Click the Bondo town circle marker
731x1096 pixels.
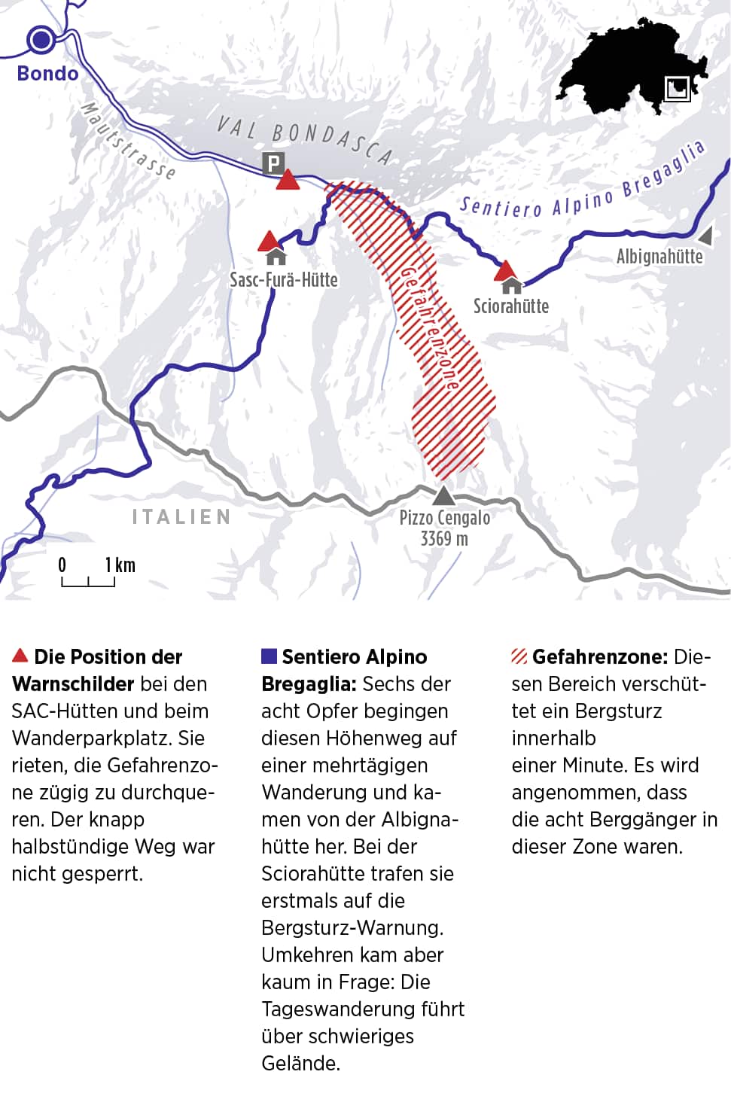tap(41, 39)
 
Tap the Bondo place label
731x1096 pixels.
tap(47, 74)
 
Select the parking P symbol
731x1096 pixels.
tap(273, 163)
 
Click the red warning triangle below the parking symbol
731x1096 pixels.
tap(288, 181)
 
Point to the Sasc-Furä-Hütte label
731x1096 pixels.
tap(284, 280)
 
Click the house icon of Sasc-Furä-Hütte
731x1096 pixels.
tap(276, 257)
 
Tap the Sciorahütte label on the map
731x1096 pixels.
tap(510, 306)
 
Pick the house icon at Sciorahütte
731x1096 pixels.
tap(512, 285)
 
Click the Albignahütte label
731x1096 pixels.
tap(659, 257)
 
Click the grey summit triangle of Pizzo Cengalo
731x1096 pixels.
tap(444, 495)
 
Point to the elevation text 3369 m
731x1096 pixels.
tap(444, 539)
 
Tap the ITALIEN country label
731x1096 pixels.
tap(181, 517)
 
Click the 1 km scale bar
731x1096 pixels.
tap(88, 581)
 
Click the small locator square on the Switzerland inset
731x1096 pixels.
tap(677, 88)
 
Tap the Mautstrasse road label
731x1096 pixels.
tap(128, 142)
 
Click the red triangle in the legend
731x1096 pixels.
tap(20, 656)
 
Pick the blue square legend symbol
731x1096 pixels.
tap(269, 656)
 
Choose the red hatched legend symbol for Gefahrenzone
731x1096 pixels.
tap(519, 656)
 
